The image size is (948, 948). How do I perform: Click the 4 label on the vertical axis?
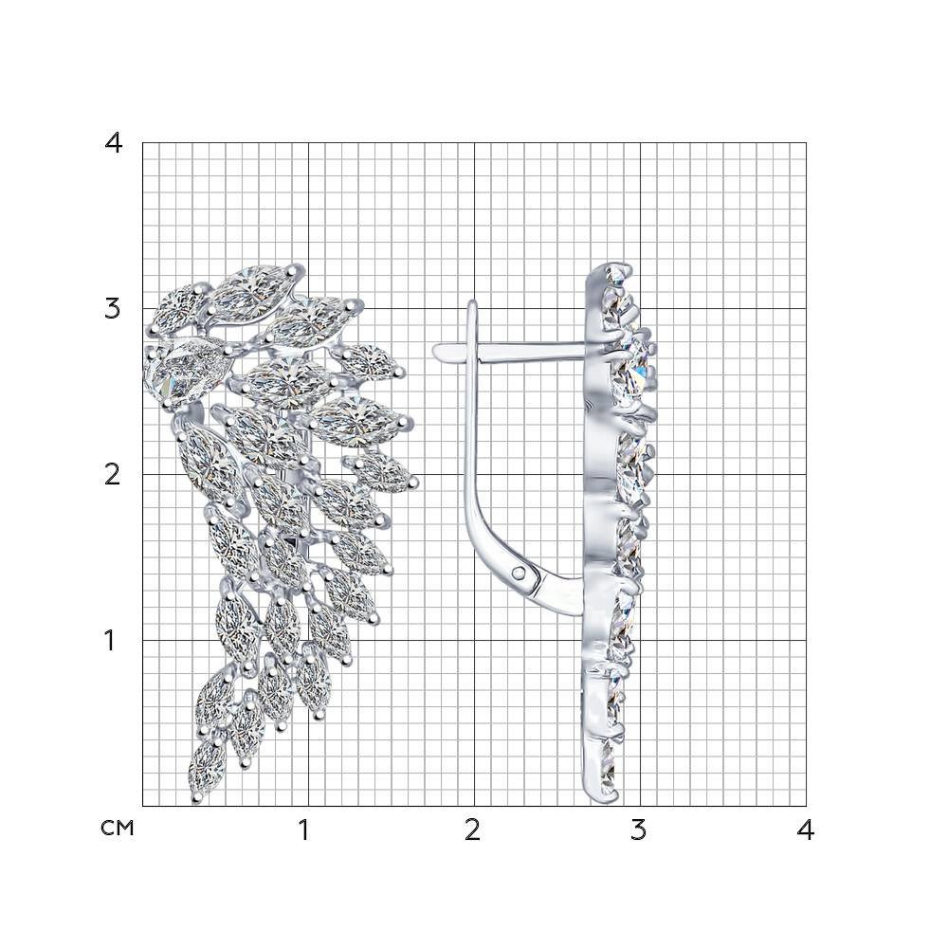113,143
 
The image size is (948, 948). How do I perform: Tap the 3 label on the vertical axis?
113,309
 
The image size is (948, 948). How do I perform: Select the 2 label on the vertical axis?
113,475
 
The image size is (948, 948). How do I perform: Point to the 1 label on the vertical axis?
109,640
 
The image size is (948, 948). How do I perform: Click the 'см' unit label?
117,828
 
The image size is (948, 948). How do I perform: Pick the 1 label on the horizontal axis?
304,830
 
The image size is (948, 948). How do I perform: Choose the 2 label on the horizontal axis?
472,830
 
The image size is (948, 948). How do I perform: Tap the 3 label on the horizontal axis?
638,830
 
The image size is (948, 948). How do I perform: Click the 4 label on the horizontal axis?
805,830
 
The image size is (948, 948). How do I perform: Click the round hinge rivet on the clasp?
519,571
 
